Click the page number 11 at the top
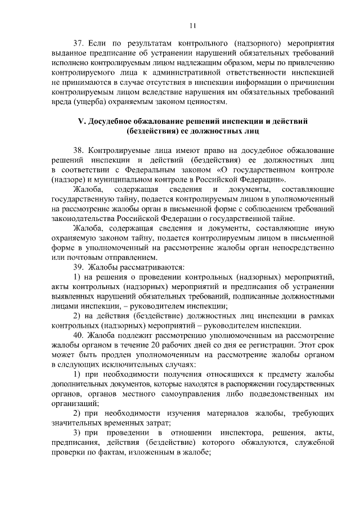tap(193, 25)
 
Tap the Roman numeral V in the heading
tap(79, 121)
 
